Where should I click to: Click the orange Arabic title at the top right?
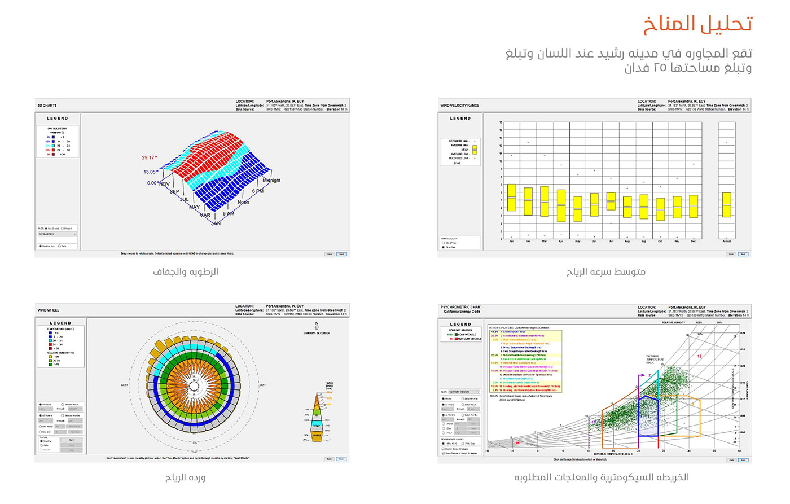click(x=698, y=24)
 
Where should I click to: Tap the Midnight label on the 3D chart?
click(x=271, y=181)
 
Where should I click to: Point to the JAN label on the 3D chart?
click(x=216, y=223)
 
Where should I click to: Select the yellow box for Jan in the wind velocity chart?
click(x=511, y=198)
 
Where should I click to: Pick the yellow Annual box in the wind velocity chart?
click(x=727, y=204)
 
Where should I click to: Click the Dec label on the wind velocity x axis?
click(x=694, y=241)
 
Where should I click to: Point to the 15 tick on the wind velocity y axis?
click(x=501, y=122)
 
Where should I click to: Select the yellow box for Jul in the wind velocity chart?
click(x=611, y=201)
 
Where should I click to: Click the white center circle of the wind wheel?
click(x=194, y=385)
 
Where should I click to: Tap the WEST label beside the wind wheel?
click(x=124, y=385)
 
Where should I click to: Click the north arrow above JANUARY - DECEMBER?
click(x=317, y=326)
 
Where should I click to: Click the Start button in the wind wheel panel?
click(x=72, y=440)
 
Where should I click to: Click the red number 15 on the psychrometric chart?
click(x=699, y=356)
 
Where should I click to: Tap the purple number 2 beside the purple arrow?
click(x=649, y=375)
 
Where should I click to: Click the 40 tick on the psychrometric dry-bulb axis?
click(x=739, y=451)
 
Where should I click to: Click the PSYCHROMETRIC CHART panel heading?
click(x=460, y=308)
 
